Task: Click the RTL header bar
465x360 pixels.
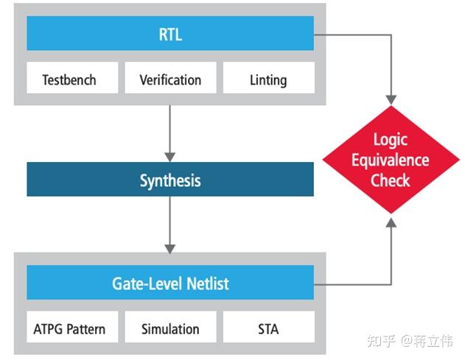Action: tap(170, 35)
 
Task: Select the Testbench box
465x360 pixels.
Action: tap(69, 79)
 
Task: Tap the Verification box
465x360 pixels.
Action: tap(170, 79)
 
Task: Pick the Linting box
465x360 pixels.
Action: tap(268, 79)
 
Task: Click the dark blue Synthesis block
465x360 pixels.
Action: tap(170, 180)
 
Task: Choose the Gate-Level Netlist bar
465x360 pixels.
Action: tap(170, 283)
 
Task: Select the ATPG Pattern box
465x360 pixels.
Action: tap(69, 328)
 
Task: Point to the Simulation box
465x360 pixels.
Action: tap(170, 328)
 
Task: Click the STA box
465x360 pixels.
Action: tap(268, 328)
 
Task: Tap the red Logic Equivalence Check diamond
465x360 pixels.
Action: tap(390, 160)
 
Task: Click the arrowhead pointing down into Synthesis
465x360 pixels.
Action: tap(170, 156)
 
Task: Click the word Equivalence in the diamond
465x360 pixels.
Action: tap(390, 160)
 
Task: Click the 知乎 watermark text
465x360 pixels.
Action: tap(382, 341)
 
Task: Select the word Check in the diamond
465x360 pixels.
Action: tap(390, 180)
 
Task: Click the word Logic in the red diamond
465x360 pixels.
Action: tap(390, 140)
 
